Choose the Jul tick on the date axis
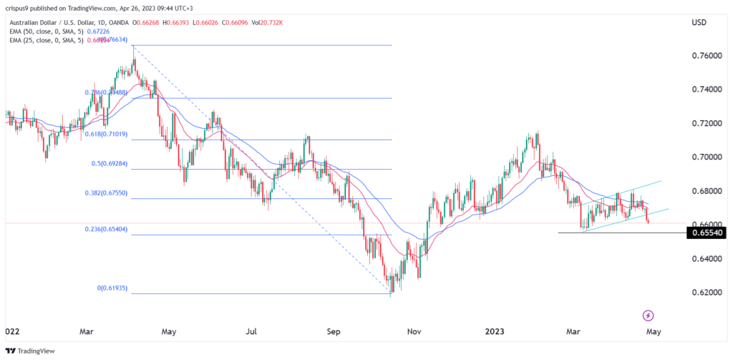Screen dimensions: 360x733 (251, 331)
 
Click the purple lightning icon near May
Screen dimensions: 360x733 (648, 315)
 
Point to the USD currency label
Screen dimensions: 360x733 (699, 23)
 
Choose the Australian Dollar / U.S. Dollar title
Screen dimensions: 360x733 (60, 22)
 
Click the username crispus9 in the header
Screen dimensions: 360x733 (22, 7)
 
